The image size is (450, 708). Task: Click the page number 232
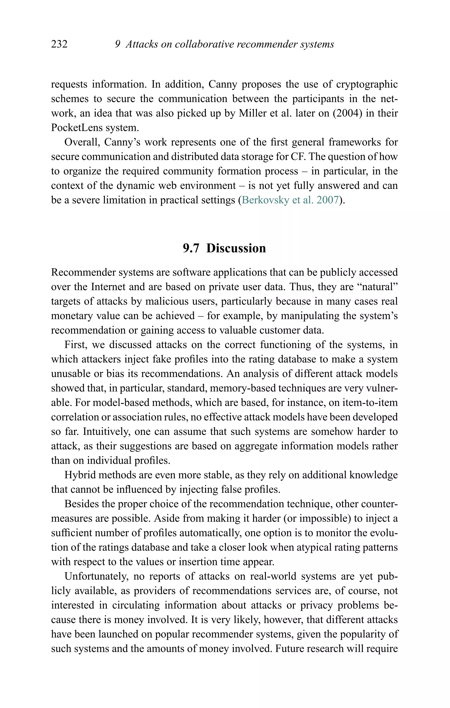point(59,44)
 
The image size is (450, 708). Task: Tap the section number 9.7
point(191,248)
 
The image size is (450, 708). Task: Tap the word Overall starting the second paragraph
point(83,142)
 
